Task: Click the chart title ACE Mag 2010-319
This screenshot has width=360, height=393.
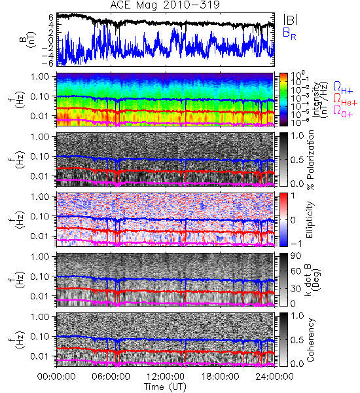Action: pos(165,5)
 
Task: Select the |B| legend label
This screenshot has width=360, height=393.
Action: pos(291,20)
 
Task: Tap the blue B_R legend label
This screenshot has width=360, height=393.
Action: pos(289,33)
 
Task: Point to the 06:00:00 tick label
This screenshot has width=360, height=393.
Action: pos(111,377)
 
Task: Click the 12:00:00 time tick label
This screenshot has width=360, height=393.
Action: pos(166,377)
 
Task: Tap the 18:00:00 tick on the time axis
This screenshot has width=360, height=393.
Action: pos(220,377)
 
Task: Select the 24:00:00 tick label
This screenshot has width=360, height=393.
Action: pos(274,377)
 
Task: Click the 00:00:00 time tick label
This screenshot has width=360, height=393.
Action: pos(56,377)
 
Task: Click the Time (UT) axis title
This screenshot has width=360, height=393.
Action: pos(165,387)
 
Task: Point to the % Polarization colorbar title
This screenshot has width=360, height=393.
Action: pos(311,160)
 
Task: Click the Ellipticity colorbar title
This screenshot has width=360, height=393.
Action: pos(310,219)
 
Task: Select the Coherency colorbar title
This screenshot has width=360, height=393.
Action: pos(310,340)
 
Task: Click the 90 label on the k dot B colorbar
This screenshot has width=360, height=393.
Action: pos(296,255)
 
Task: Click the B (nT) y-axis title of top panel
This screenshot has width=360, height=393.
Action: pos(29,39)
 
